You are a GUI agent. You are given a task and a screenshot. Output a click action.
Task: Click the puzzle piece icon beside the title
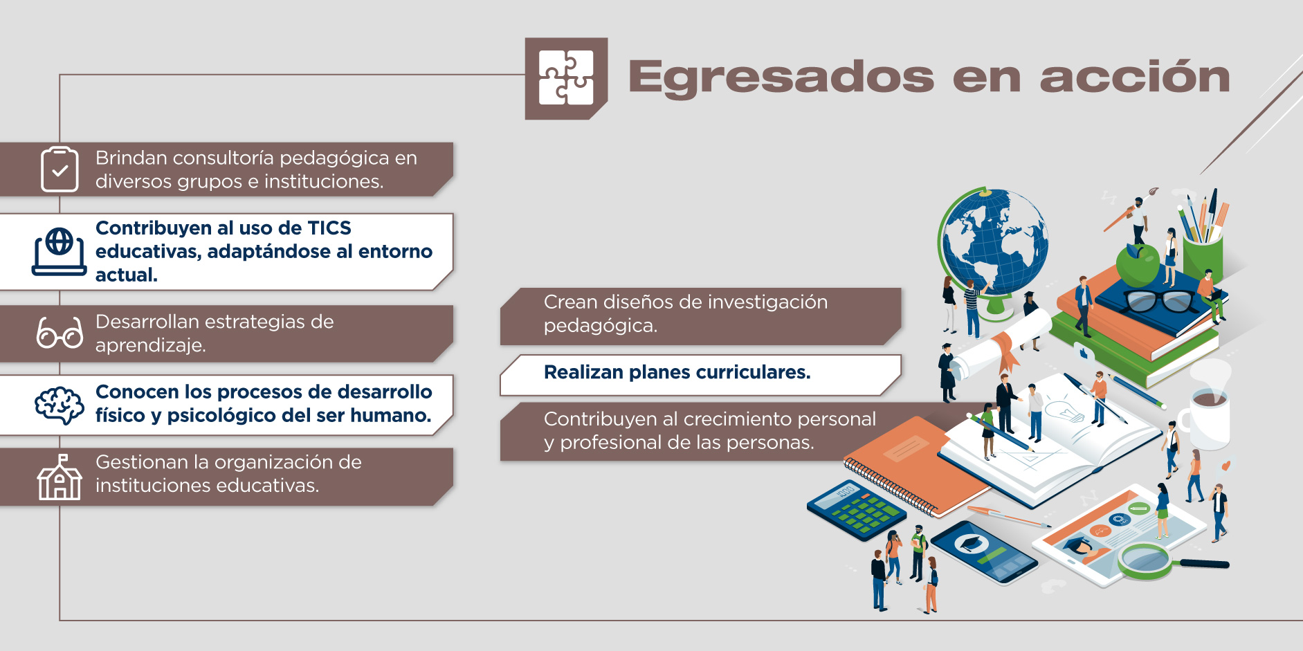coord(566,78)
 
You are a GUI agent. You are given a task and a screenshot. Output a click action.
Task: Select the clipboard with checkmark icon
coord(60,169)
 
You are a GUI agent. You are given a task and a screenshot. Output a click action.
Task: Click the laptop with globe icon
coord(60,252)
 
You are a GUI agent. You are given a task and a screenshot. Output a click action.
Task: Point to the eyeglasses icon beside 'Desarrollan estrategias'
coord(60,333)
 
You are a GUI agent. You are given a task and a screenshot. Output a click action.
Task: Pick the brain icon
coord(60,405)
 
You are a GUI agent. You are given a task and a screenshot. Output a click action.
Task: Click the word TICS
coord(329,228)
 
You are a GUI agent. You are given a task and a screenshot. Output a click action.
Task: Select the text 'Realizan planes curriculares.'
coord(677,372)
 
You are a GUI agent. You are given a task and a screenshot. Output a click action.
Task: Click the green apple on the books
coord(1138,264)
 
